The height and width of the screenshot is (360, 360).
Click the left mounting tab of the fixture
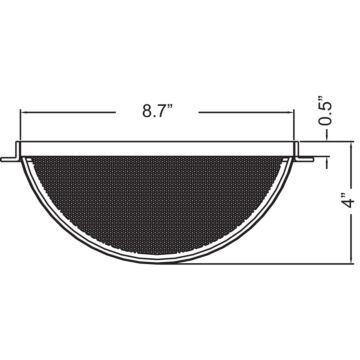(12, 156)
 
